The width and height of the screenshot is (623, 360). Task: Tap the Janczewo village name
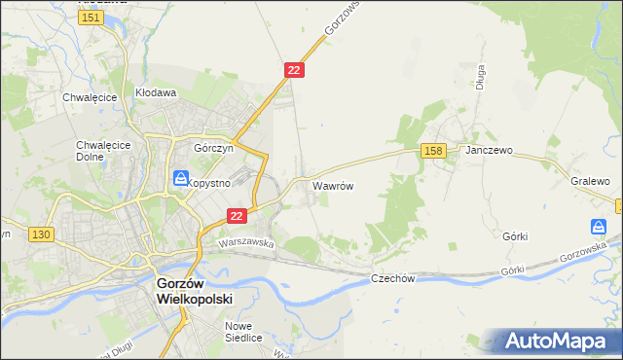(x=489, y=152)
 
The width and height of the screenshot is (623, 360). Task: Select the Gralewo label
(x=590, y=182)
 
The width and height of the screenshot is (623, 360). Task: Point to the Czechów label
(x=393, y=278)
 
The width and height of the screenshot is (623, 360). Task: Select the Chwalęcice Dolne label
(x=96, y=151)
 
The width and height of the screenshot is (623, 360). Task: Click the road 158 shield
(x=434, y=150)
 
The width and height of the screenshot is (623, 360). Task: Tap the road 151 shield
(x=92, y=18)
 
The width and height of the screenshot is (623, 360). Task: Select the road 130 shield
(x=41, y=234)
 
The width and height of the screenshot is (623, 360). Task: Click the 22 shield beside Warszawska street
(x=236, y=216)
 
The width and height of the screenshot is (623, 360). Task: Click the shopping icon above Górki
(x=600, y=227)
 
